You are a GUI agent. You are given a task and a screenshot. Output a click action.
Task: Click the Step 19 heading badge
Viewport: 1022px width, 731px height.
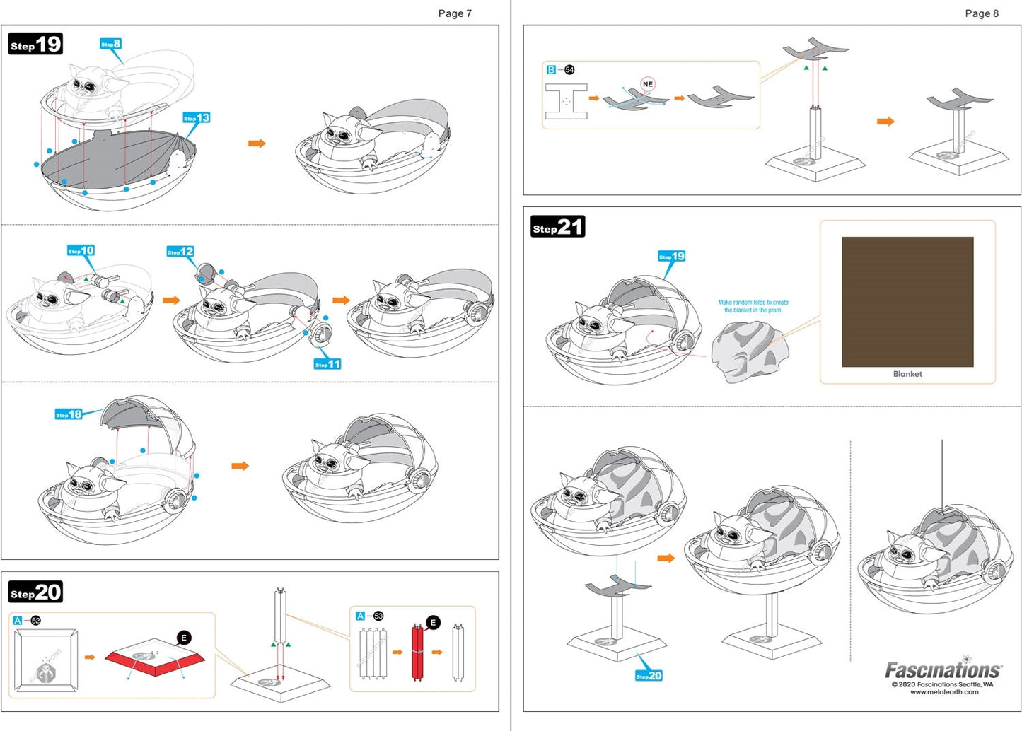tap(36, 44)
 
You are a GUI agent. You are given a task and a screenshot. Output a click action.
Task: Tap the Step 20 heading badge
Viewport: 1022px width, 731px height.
tap(36, 592)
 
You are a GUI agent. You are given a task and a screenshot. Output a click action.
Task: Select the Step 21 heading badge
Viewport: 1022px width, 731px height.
tap(558, 226)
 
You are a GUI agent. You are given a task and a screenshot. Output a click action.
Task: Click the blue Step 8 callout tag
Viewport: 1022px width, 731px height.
tap(110, 44)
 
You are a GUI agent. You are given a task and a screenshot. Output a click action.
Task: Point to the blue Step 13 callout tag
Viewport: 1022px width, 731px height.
tap(196, 117)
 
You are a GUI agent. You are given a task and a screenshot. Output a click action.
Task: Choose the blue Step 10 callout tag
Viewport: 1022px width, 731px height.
tap(81, 250)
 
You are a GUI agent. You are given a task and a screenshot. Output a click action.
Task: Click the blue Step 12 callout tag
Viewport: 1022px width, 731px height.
tap(180, 251)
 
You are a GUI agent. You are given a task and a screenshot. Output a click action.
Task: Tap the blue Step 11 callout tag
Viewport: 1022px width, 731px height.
tap(327, 364)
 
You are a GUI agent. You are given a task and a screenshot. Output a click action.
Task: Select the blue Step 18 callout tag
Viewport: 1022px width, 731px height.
tap(69, 414)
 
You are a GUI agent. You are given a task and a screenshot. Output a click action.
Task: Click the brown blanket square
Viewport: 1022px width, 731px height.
tap(907, 302)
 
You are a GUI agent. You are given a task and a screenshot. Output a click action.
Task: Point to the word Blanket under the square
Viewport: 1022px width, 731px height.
tap(907, 374)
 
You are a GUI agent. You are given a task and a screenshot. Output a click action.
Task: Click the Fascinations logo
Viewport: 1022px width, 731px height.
tap(943, 669)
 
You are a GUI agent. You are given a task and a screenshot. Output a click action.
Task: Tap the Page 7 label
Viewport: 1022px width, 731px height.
tap(455, 13)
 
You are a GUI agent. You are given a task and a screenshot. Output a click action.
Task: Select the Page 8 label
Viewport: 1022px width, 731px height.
tap(982, 13)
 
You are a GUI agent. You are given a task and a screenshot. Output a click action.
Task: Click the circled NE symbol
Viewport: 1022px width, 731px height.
tap(648, 84)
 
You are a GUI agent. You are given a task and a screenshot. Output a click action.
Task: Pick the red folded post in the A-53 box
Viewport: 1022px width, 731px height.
tap(417, 652)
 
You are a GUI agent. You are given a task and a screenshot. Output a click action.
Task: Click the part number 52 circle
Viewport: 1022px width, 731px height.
tap(36, 620)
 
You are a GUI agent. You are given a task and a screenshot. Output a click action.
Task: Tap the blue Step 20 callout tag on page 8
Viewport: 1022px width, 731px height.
tap(649, 676)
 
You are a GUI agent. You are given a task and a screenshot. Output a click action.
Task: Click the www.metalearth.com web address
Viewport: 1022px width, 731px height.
tap(944, 692)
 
